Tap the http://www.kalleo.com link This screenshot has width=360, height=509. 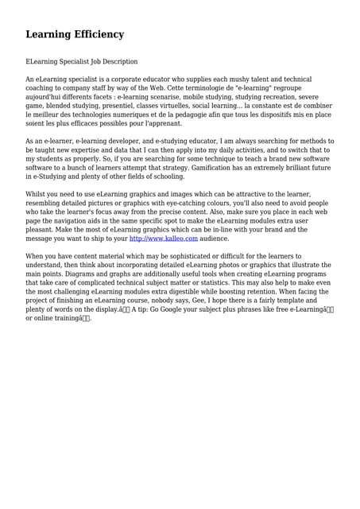(x=163, y=239)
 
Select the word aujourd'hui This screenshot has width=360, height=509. (x=45, y=97)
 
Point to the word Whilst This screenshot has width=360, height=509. (x=37, y=194)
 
